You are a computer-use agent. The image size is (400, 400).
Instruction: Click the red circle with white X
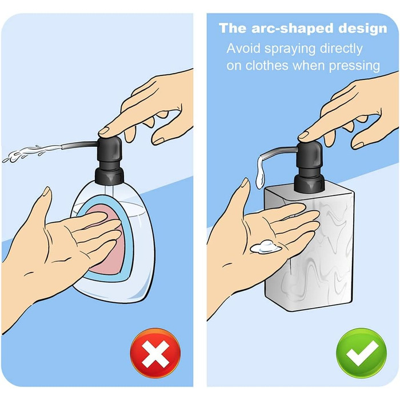click(155, 353)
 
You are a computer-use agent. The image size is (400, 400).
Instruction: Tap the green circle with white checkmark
click(362, 354)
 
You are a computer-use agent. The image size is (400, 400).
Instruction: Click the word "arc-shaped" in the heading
click(293, 29)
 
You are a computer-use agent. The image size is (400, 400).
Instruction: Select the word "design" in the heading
click(363, 28)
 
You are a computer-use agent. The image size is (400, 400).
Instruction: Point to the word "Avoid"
click(243, 48)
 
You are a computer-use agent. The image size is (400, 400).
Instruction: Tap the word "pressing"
click(354, 66)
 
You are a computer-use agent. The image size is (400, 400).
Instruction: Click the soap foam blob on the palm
click(265, 246)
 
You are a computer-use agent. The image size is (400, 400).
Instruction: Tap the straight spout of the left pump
click(79, 145)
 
